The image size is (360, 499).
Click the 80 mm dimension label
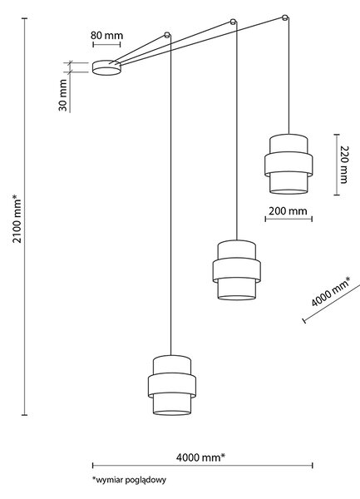(x=106, y=35)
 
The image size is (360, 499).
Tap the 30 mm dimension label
(x=63, y=95)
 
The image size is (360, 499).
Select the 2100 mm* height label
(x=17, y=219)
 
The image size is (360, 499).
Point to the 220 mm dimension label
(x=344, y=165)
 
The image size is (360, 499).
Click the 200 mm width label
(x=288, y=211)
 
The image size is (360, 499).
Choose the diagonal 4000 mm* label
(x=330, y=292)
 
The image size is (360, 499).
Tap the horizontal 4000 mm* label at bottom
(x=200, y=457)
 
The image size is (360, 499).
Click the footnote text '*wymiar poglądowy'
(x=130, y=480)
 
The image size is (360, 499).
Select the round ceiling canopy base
(x=106, y=67)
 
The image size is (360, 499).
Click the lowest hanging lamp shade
(x=172, y=385)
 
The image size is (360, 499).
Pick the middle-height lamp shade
(x=237, y=270)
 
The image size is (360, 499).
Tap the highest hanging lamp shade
(x=288, y=164)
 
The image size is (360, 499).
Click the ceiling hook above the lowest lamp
(x=167, y=35)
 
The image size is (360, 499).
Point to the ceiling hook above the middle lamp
(x=233, y=22)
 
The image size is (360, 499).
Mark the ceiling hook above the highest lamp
(x=285, y=17)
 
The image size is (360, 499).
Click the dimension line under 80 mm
(x=106, y=44)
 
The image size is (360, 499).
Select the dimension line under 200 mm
(x=288, y=219)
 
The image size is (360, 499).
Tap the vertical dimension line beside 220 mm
(x=337, y=165)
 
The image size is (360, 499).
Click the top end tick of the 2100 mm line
(x=24, y=18)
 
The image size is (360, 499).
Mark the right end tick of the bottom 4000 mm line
(x=313, y=466)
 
